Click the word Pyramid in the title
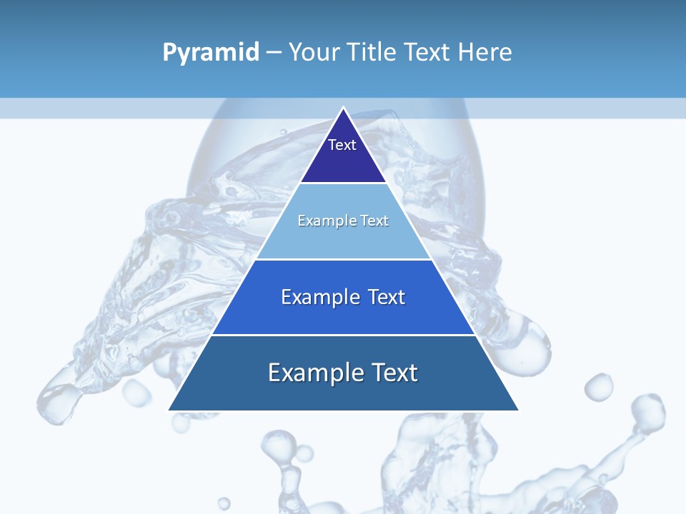tap(210, 53)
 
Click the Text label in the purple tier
tap(342, 145)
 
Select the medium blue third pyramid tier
tap(343, 314)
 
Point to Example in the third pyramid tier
tap(320, 297)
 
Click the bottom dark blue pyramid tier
tap(343, 393)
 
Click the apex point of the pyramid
tap(343, 109)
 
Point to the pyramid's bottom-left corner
tap(169, 410)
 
